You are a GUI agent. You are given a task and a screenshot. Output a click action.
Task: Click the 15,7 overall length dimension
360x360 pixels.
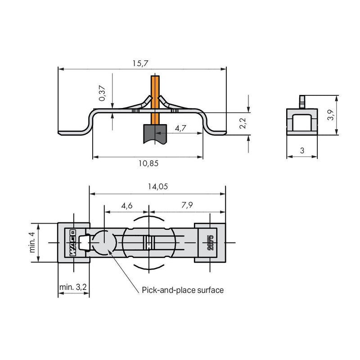(x=140, y=63)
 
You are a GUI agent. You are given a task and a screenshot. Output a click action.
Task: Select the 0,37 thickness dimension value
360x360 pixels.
(x=102, y=93)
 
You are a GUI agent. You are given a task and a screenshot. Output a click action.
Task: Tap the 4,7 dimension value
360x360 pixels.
(x=180, y=128)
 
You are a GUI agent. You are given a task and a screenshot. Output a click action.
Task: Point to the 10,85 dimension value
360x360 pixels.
(x=148, y=163)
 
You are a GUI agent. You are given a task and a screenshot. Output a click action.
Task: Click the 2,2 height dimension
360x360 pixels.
(x=243, y=123)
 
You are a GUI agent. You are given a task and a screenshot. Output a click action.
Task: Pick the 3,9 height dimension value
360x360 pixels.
(x=331, y=115)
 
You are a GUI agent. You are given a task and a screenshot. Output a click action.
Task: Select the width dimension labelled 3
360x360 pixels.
(x=302, y=151)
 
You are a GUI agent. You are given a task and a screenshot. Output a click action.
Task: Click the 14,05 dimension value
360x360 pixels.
(x=158, y=186)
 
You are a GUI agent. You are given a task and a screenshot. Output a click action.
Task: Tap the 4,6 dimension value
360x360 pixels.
(x=127, y=206)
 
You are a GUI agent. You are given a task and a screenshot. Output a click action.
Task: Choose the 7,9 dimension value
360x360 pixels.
(x=187, y=205)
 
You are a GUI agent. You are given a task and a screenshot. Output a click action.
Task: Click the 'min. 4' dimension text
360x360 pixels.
(x=32, y=242)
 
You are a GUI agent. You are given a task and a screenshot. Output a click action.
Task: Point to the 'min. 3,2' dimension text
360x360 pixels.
(x=73, y=287)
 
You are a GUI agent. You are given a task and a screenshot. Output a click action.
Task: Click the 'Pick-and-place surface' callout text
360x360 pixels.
(x=183, y=290)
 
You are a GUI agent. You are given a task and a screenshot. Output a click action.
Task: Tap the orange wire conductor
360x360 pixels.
(x=155, y=100)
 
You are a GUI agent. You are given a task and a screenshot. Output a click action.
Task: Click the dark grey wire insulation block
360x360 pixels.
(x=155, y=134)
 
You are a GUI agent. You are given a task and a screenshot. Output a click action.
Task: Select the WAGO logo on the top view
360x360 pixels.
(x=73, y=243)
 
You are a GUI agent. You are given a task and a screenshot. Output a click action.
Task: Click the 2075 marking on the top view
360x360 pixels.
(x=210, y=243)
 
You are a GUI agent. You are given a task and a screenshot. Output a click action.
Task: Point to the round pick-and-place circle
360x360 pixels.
(x=104, y=243)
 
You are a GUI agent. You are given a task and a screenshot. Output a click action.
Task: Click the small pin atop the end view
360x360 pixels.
(x=302, y=102)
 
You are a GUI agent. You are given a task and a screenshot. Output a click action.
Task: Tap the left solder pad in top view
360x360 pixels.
(x=73, y=243)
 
